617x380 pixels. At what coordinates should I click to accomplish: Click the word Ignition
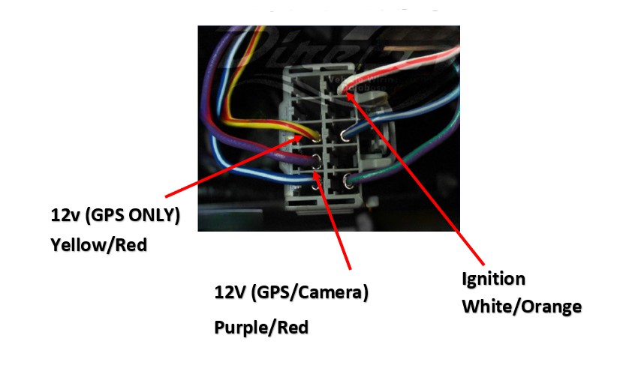[x=493, y=280]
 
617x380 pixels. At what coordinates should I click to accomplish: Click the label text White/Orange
[x=521, y=307]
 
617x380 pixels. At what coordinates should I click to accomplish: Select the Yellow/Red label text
[x=98, y=244]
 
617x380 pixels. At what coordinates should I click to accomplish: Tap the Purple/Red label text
[x=261, y=328]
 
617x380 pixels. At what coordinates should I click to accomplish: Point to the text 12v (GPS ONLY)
[x=116, y=216]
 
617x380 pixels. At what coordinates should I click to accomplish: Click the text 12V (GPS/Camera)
[x=291, y=292]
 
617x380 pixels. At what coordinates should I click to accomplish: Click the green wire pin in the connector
[x=348, y=180]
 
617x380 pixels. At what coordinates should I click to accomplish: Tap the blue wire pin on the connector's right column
[x=345, y=136]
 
